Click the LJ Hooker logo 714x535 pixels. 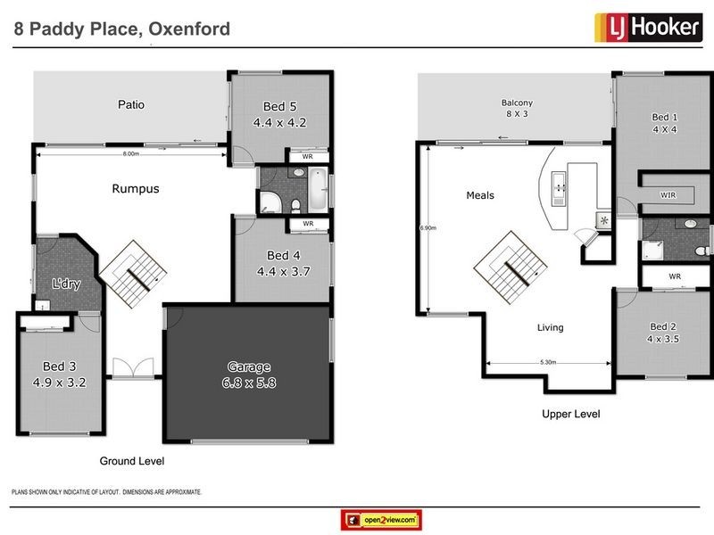coord(647,28)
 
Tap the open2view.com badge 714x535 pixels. coord(381,519)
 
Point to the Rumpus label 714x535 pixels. coord(136,189)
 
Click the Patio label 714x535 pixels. coord(131,105)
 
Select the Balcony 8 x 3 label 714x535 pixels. coord(518,108)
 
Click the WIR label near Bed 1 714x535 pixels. coord(668,193)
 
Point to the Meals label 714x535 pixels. coord(480,195)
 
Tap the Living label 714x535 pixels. coord(550,327)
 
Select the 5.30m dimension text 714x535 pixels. coord(549,362)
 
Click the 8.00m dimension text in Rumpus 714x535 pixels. coord(131,154)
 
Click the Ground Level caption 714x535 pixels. coord(132,461)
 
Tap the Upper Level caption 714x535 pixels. coord(571,414)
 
